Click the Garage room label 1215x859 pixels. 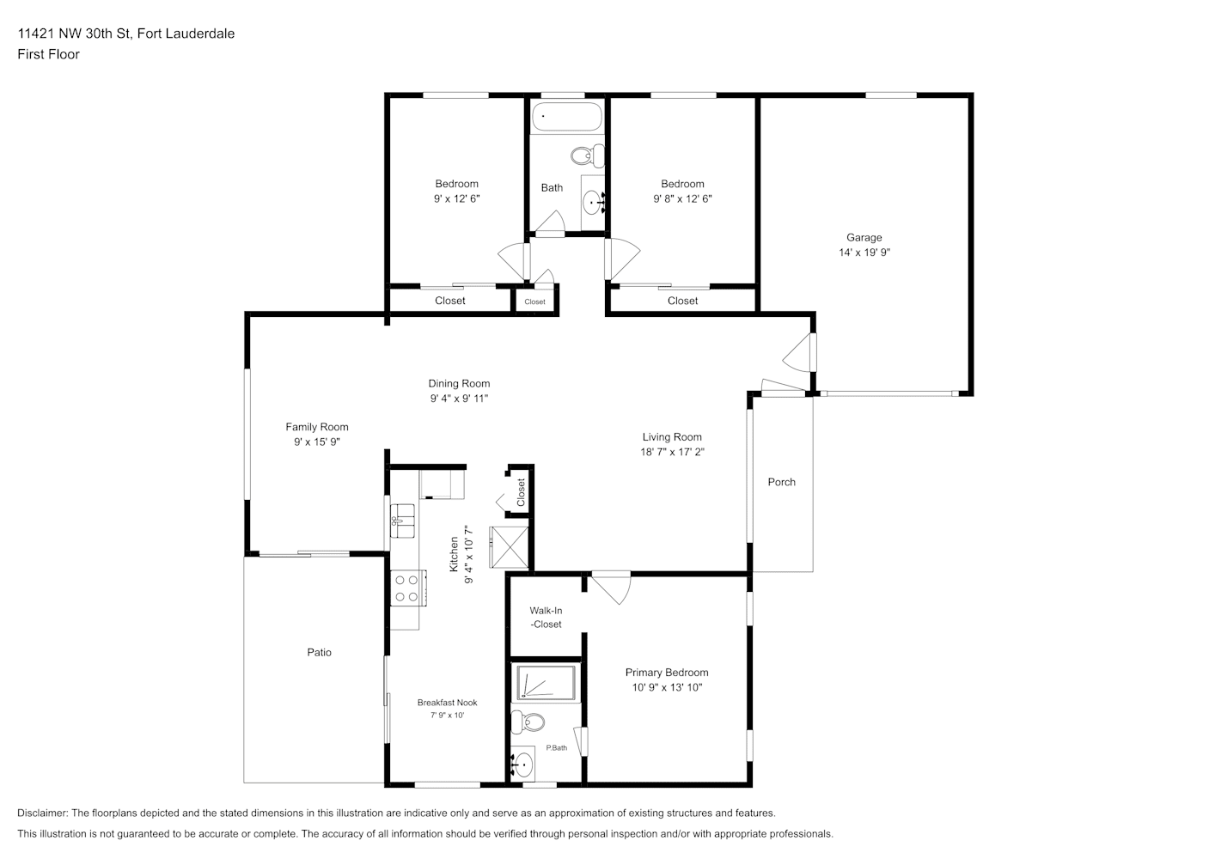point(864,238)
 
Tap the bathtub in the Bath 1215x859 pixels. point(567,117)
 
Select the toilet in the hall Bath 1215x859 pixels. point(588,156)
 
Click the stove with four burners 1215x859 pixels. point(408,588)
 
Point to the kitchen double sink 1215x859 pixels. point(402,521)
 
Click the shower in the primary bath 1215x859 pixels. point(546,682)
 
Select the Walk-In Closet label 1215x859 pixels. point(546,617)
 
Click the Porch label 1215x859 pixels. point(782,482)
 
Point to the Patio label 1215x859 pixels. point(319,652)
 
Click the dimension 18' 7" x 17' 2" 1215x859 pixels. point(672,452)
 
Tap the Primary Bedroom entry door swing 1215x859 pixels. point(611,588)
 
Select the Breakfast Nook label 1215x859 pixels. point(448,703)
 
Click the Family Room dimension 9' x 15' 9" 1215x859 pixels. point(317,442)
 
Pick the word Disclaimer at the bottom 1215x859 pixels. point(42,813)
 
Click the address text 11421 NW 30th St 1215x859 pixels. point(74,34)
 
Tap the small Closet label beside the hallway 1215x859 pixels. point(534,302)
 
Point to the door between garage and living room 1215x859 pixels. point(799,352)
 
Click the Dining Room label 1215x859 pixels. point(459,383)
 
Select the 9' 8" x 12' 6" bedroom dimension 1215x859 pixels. point(682,198)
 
